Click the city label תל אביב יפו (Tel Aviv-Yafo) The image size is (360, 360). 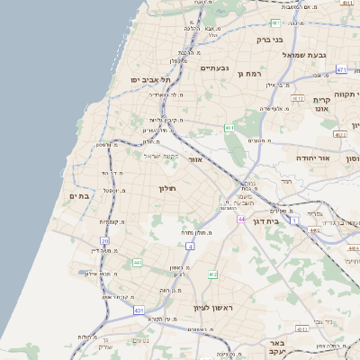click(137, 80)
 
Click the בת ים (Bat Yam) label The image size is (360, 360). click(79, 196)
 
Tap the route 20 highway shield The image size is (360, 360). click(105, 241)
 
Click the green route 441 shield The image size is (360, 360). click(138, 263)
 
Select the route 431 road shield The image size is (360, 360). click(139, 310)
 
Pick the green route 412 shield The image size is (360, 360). click(212, 274)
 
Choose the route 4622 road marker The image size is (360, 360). click(339, 134)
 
